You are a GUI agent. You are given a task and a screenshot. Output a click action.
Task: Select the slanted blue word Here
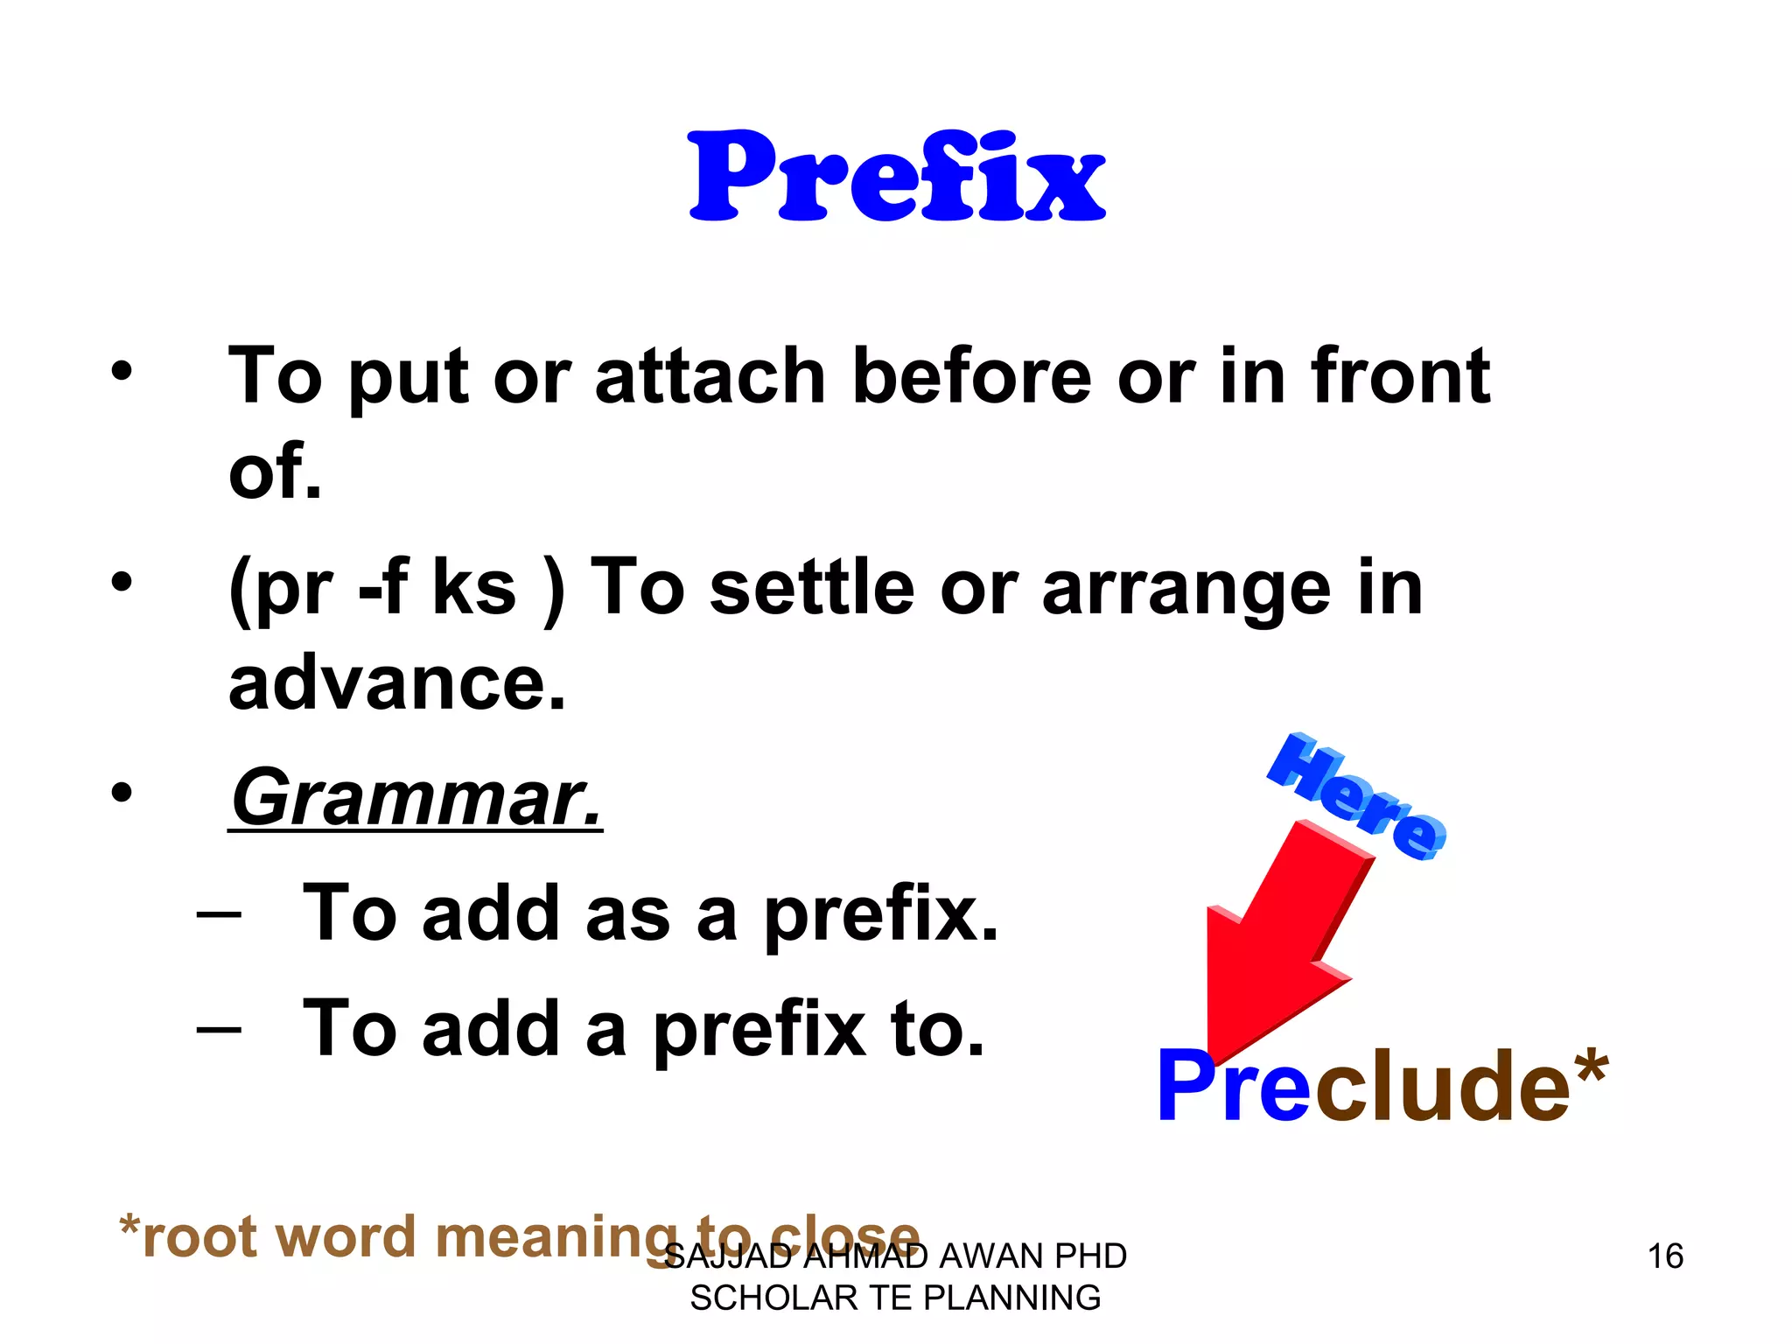1356,796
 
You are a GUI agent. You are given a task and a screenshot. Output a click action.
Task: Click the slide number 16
1665,1256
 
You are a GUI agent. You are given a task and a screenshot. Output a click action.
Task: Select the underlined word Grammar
416,797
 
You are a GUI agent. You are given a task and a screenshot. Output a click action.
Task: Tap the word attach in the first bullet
710,376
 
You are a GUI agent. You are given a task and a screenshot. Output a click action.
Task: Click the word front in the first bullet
1399,376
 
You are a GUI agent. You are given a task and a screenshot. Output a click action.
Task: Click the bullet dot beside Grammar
122,793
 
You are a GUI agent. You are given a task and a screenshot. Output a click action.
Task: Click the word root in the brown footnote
206,1237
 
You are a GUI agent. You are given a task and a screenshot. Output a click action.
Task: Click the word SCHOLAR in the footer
773,1298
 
